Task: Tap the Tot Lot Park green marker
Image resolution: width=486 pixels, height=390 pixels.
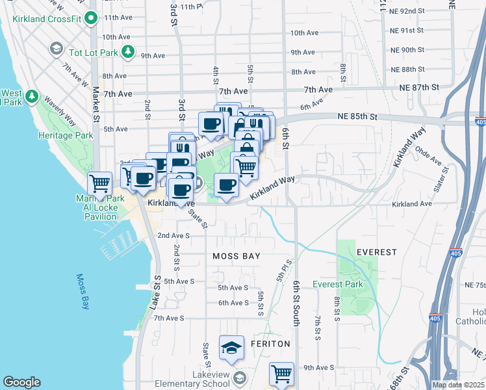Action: (x=129, y=51)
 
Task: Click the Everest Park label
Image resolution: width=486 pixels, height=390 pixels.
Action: (x=337, y=284)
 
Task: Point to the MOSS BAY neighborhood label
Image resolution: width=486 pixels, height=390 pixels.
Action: (x=237, y=256)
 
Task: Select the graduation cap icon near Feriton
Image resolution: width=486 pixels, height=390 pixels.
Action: (x=231, y=348)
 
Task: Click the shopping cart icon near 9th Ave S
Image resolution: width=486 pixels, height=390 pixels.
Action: (x=281, y=374)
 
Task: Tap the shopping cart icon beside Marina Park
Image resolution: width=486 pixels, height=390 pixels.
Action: (x=100, y=183)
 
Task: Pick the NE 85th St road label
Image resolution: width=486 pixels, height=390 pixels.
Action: (x=357, y=116)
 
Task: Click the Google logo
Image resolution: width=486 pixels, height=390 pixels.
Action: (x=21, y=382)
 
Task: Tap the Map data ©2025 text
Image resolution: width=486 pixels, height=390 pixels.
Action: (x=458, y=385)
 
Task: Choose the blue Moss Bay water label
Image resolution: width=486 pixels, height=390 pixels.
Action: (x=83, y=291)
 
